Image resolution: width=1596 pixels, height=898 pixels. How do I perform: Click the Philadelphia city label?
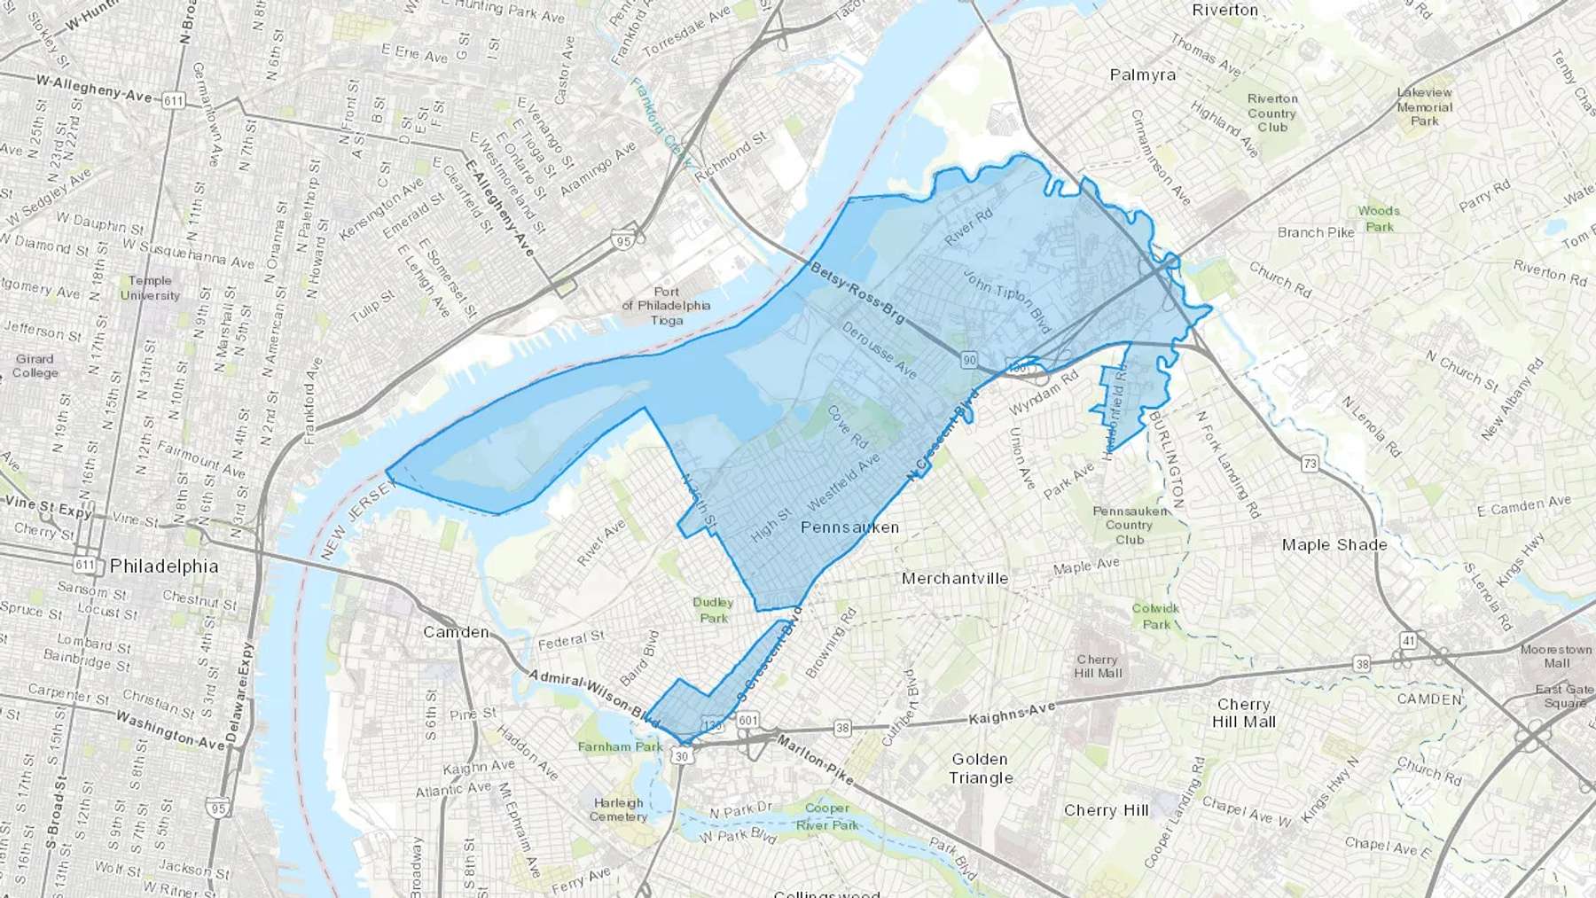tap(164, 566)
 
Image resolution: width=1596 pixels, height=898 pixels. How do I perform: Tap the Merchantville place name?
tap(955, 578)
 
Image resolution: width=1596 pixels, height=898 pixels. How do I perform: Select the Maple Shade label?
tap(1334, 544)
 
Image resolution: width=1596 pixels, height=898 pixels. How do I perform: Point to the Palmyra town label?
tap(1143, 75)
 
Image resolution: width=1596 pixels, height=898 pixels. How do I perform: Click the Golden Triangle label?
tap(981, 769)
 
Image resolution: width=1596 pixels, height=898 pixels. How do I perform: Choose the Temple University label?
tap(150, 288)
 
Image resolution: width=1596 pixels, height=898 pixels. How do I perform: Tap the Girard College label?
tap(35, 366)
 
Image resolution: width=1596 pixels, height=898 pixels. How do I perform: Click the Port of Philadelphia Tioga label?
tap(667, 305)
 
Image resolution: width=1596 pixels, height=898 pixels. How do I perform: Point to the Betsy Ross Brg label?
tap(857, 291)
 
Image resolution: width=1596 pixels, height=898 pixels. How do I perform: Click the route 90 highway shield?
tap(968, 359)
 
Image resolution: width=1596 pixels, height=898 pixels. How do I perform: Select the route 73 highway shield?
tap(1309, 463)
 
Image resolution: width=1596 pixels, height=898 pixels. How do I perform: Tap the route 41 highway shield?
tap(1408, 639)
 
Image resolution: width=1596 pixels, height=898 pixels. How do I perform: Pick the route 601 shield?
tap(748, 721)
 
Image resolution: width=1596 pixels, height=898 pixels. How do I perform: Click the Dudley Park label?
tap(713, 610)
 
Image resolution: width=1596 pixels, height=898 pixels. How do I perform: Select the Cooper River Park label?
tap(828, 816)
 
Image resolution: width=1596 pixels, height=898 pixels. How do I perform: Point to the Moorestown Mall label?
tap(1556, 656)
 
